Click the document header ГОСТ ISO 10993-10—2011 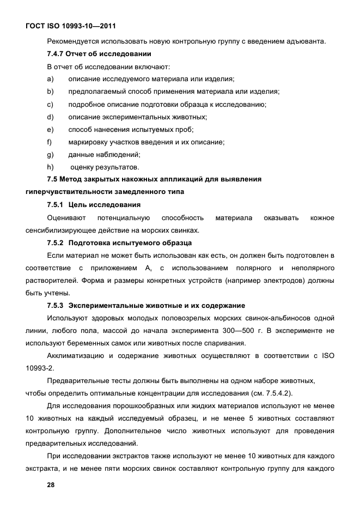point(70,26)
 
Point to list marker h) point(51,167)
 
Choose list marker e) point(51,129)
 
